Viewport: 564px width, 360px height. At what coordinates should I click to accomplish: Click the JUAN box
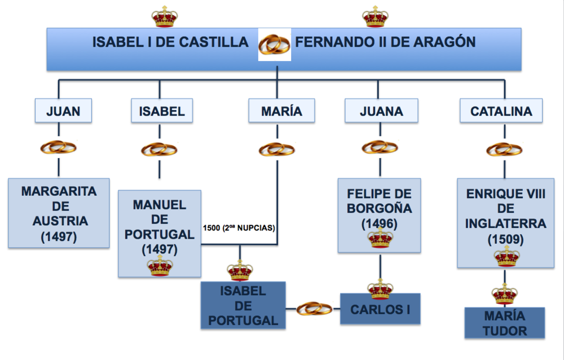click(x=63, y=111)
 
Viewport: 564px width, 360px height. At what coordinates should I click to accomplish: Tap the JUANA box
click(x=381, y=111)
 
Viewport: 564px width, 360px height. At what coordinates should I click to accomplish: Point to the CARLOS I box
click(x=380, y=309)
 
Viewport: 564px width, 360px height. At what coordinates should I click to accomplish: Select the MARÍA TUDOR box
click(x=504, y=323)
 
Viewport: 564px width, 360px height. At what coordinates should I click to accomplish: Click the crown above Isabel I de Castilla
click(x=164, y=16)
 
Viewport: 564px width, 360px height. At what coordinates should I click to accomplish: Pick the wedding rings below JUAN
click(x=59, y=148)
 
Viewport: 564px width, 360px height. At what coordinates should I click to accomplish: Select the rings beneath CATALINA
click(x=504, y=150)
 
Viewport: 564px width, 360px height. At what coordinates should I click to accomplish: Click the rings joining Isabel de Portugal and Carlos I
click(x=314, y=309)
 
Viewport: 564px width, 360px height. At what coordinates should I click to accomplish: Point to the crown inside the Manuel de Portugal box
click(x=160, y=265)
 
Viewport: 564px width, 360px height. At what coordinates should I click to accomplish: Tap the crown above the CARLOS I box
click(x=380, y=289)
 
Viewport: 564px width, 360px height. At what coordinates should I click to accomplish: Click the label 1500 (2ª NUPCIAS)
click(x=239, y=229)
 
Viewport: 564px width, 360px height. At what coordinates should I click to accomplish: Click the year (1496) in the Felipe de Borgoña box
click(x=380, y=224)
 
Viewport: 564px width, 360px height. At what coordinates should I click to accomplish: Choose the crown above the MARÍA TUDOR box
click(x=504, y=293)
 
